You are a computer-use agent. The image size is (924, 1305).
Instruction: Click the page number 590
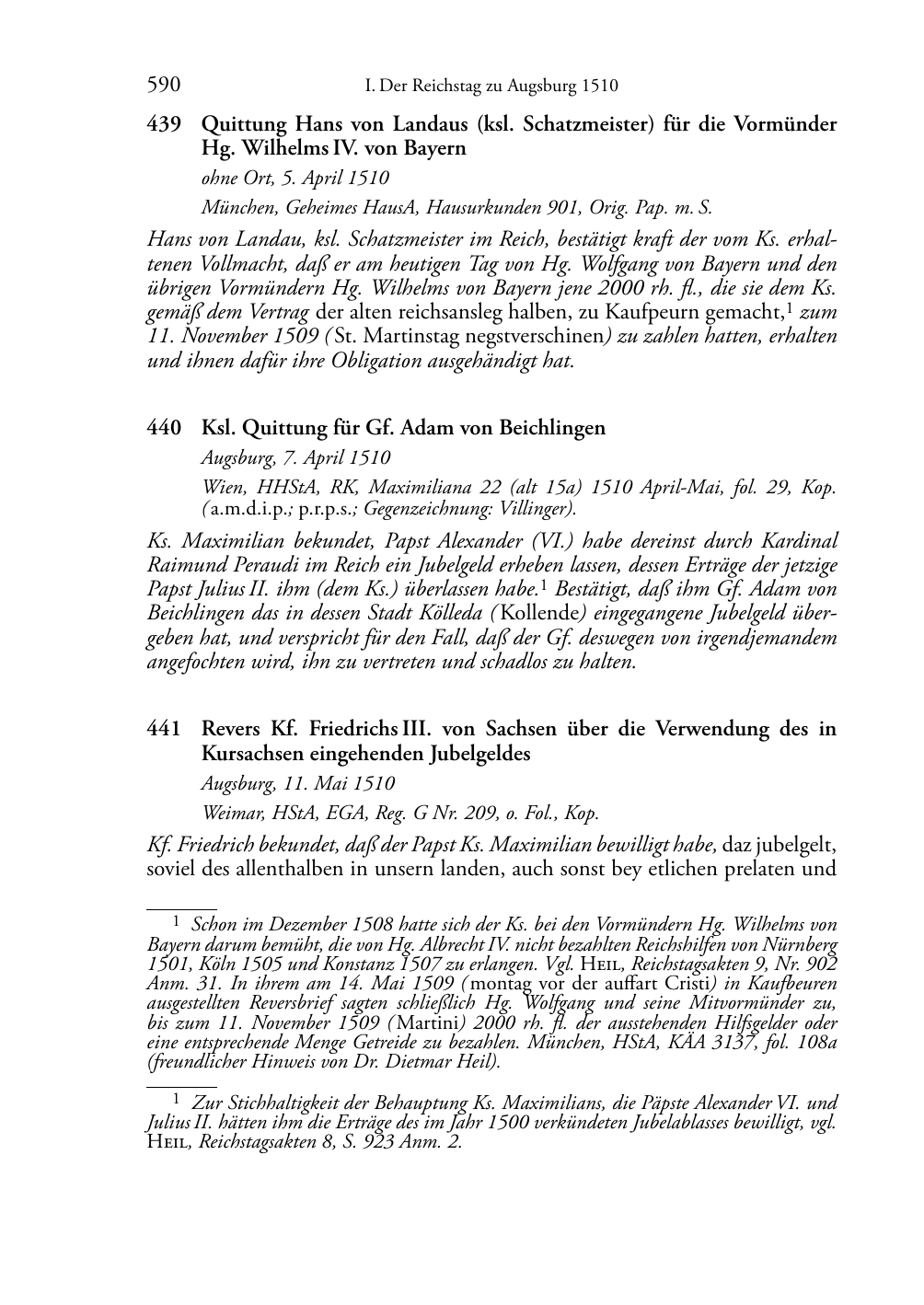pyautogui.click(x=164, y=87)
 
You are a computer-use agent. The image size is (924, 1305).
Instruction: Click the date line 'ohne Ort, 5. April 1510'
pyautogui.click(x=295, y=179)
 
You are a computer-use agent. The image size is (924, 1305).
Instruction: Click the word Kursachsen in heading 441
pyautogui.click(x=248, y=754)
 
